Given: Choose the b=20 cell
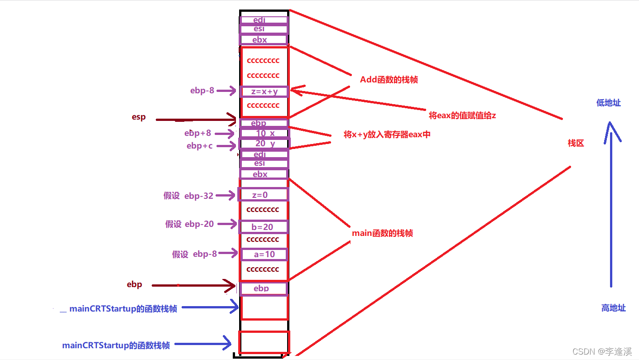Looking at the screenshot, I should [263, 227].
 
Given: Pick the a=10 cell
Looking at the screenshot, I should [264, 254].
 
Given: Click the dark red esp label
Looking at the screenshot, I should [139, 117].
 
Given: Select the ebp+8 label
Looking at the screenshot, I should [197, 133].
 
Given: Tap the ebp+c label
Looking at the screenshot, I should [199, 146].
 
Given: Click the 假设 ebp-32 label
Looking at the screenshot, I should [188, 196].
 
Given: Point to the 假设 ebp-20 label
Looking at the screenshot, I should [189, 224].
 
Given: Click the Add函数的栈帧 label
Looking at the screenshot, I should [389, 80].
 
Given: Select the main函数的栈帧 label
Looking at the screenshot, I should [382, 233].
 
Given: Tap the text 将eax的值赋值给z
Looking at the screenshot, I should [462, 115].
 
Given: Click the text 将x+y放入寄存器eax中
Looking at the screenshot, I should [387, 134].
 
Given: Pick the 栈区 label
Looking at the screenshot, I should [576, 143].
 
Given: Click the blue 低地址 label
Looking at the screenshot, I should [608, 103].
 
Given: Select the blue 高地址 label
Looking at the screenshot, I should [613, 308].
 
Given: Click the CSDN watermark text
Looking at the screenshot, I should [602, 351].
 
